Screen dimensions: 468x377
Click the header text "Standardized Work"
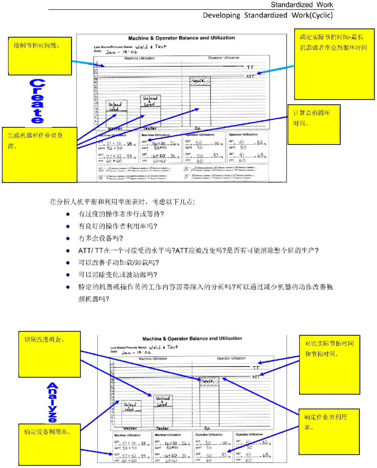tap(302, 5)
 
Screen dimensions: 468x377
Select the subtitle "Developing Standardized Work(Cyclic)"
tap(268, 15)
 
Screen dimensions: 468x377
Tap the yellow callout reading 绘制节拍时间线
tap(40, 56)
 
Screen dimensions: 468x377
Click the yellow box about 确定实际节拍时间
tap(334, 64)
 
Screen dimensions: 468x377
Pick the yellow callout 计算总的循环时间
tap(314, 125)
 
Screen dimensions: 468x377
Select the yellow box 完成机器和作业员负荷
tap(39, 155)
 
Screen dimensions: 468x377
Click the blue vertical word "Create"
tap(37, 101)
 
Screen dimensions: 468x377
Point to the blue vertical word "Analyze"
tap(52, 402)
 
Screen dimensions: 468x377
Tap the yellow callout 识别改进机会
tap(50, 354)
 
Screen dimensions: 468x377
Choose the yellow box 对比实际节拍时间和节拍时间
tap(330, 365)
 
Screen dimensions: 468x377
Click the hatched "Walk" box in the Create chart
tap(200, 81)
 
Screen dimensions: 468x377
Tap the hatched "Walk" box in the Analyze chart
tap(209, 381)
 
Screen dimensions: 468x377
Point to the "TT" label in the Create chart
tap(250, 67)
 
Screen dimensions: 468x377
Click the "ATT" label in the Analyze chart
tap(256, 377)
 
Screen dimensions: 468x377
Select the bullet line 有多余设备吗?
tap(101, 238)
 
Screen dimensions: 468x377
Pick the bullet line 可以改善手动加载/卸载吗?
tap(119, 262)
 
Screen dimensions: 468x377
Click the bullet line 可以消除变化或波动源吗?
tap(118, 275)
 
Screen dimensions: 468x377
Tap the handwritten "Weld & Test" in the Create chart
tap(151, 46)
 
